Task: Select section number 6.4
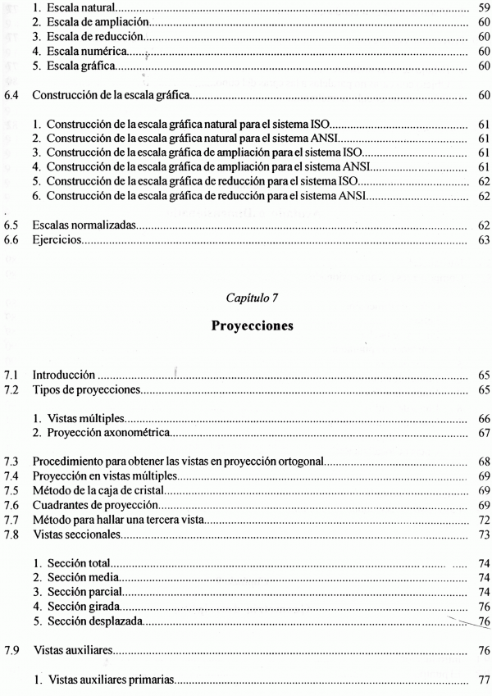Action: click(x=12, y=96)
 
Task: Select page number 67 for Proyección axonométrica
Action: click(x=482, y=433)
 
